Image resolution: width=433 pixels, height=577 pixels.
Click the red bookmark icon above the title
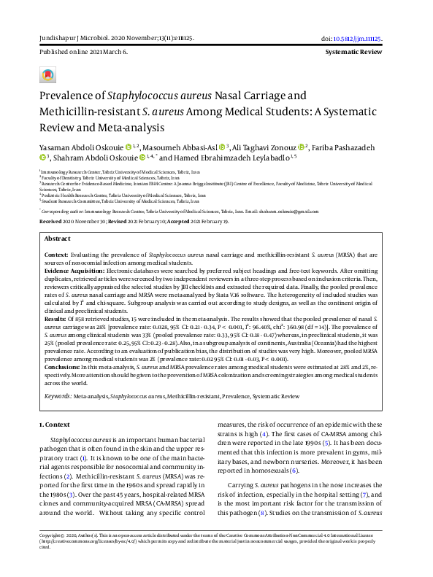coord(48,75)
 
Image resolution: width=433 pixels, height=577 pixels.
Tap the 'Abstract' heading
coord(58,218)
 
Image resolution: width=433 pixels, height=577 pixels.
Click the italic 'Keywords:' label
coord(58,396)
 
